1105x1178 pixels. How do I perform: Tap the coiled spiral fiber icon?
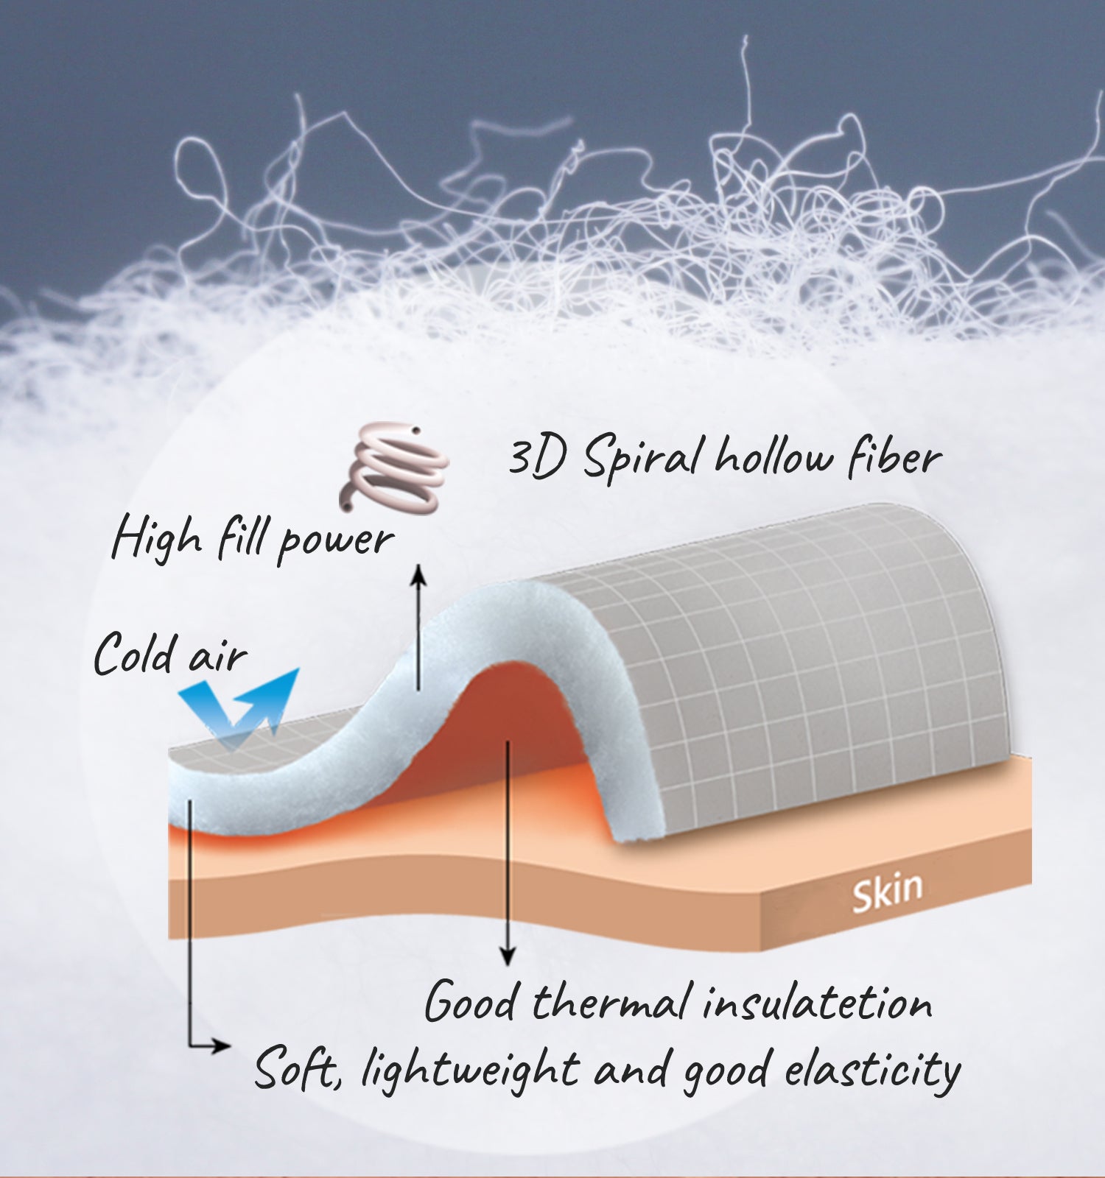pyautogui.click(x=394, y=467)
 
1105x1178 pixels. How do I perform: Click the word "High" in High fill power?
pyautogui.click(x=156, y=538)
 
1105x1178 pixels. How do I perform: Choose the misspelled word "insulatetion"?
pyautogui.click(x=817, y=1003)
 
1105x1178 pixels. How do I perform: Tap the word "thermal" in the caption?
pyautogui.click(x=611, y=1003)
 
